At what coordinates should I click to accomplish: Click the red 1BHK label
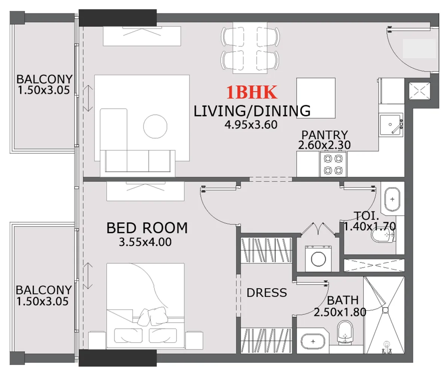252,92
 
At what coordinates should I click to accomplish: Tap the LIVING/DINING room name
252,111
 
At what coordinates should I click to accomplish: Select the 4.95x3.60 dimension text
251,125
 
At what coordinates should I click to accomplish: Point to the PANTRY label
325,135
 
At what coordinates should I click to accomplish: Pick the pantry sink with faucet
391,125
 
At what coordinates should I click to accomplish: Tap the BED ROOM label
147,228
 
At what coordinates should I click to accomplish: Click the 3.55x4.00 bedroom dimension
145,242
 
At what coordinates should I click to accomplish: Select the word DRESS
266,293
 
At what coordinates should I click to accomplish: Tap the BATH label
342,300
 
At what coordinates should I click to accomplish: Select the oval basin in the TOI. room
392,199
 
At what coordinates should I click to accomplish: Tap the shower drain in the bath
385,310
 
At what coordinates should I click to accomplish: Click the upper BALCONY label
44,79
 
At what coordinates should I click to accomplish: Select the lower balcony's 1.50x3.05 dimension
42,301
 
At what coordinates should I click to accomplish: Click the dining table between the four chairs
250,47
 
